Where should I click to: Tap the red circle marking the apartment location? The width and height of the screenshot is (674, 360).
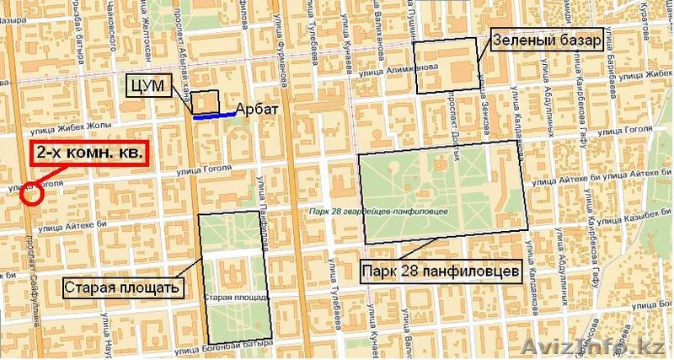(31, 196)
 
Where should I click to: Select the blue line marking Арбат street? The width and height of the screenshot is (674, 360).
(214, 116)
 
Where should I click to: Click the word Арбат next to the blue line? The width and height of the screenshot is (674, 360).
(258, 110)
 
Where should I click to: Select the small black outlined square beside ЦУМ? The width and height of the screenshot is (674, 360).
(205, 102)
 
